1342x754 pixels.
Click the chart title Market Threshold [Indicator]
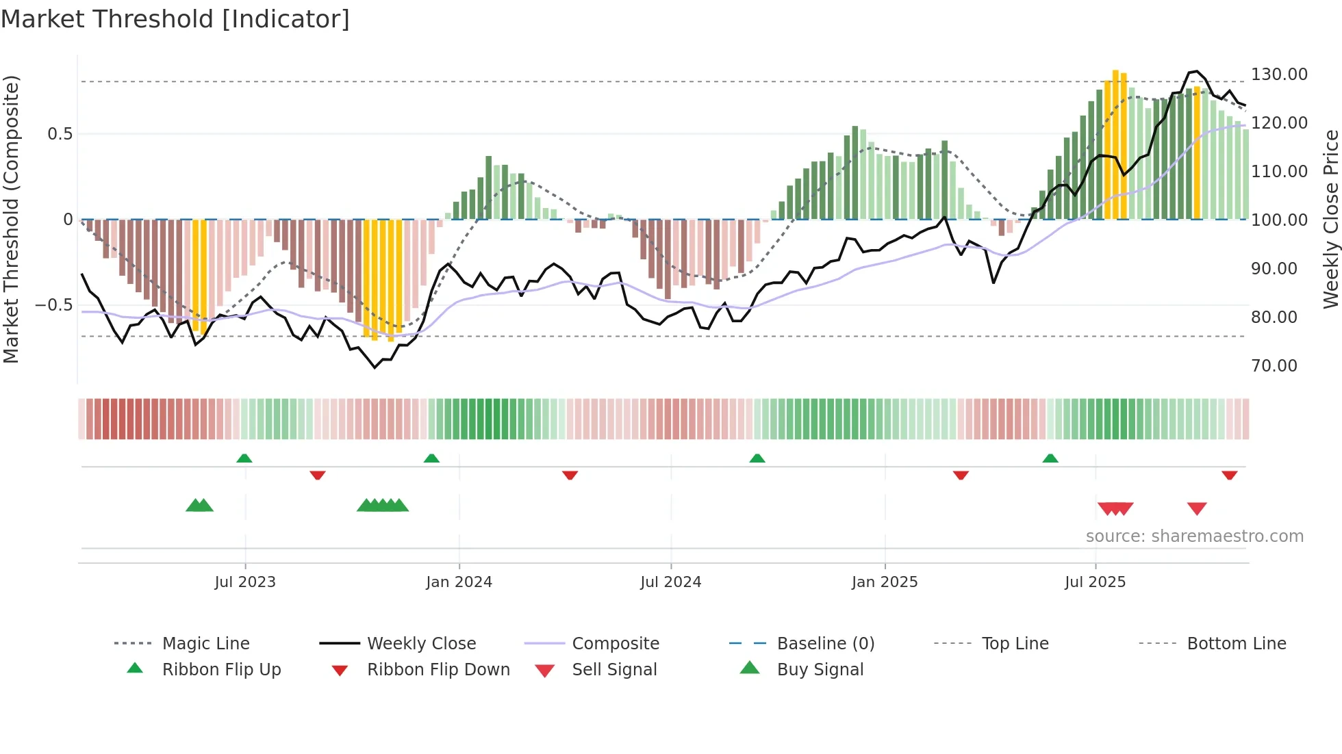coord(175,19)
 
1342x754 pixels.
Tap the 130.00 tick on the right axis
coord(1279,74)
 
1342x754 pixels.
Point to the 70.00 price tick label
coord(1274,365)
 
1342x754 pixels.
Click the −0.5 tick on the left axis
coord(53,304)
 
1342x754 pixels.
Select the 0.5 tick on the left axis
coord(60,133)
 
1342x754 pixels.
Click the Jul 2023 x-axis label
coord(245,582)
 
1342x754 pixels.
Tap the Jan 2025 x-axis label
coord(885,582)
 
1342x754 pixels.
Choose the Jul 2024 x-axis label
coord(671,582)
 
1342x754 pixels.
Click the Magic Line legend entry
coord(205,643)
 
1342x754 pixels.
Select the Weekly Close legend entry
coord(421,643)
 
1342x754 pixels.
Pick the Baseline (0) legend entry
coord(825,643)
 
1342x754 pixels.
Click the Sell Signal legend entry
coord(614,669)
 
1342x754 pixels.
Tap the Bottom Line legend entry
coord(1236,643)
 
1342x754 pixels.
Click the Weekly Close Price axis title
coord(1330,219)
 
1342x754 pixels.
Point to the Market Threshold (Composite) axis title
coord(11,219)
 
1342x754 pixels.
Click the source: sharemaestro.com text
coord(1194,536)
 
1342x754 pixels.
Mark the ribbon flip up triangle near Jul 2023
coord(244,458)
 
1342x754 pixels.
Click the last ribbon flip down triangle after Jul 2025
coord(1230,475)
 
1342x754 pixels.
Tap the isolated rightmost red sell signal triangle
coord(1197,508)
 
